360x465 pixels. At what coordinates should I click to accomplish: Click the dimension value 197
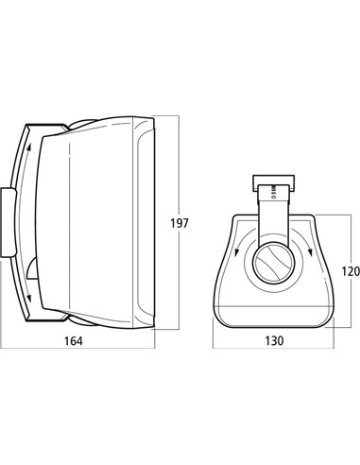click(180, 223)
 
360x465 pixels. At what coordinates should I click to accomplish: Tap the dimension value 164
click(74, 341)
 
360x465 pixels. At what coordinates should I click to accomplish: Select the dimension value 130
click(274, 340)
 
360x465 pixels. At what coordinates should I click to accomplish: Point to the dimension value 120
click(351, 271)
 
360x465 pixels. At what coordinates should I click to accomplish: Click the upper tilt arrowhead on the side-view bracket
click(29, 147)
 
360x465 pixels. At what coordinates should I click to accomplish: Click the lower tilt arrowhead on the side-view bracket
click(29, 298)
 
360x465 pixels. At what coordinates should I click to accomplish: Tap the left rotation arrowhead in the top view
click(236, 251)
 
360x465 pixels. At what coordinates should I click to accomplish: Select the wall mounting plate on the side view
click(9, 223)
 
